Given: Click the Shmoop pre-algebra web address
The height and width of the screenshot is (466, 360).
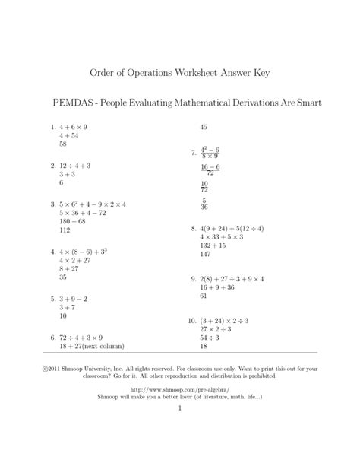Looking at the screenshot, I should (180, 388).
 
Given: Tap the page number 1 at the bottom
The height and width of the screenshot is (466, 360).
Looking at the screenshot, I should (180, 409).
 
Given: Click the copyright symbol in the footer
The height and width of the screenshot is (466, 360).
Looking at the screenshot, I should (49, 369).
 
